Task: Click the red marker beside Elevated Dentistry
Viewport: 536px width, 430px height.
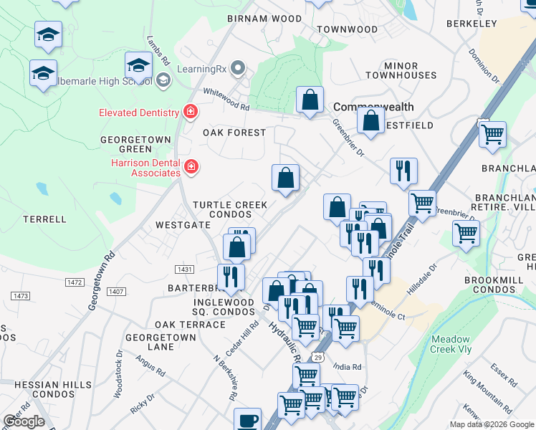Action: pyautogui.click(x=190, y=112)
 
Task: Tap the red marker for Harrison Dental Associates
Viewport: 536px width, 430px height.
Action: pyautogui.click(x=191, y=167)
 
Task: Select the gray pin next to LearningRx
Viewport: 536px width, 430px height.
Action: pyautogui.click(x=239, y=68)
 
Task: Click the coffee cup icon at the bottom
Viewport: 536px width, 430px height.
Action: pyautogui.click(x=248, y=421)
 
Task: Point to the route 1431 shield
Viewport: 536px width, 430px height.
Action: pyautogui.click(x=184, y=268)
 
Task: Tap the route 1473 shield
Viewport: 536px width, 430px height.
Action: pyautogui.click(x=20, y=295)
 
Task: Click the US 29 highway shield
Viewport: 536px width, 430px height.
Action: pyautogui.click(x=317, y=356)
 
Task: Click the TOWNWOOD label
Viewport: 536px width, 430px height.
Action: pyautogui.click(x=347, y=29)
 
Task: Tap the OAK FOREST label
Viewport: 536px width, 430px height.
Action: pyautogui.click(x=234, y=133)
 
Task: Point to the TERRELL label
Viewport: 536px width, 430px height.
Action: pyautogui.click(x=44, y=219)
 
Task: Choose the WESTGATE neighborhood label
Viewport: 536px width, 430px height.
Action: pyautogui.click(x=183, y=224)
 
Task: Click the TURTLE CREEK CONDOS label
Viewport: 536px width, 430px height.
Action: pyautogui.click(x=229, y=209)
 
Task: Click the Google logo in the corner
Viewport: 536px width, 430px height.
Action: pyautogui.click(x=24, y=421)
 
